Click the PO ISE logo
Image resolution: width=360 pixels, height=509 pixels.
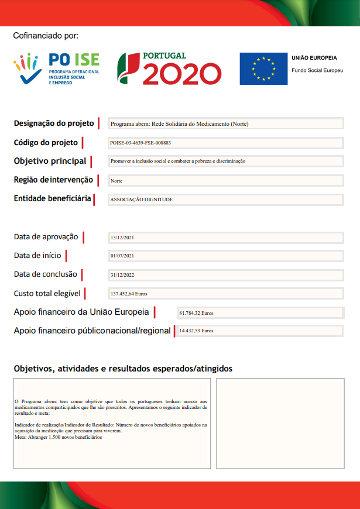56,69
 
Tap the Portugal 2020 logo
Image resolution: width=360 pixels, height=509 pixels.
169,68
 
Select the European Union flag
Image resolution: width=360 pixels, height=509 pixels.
263,69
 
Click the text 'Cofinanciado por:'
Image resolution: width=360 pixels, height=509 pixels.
46,36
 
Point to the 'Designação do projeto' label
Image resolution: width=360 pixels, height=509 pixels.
54,123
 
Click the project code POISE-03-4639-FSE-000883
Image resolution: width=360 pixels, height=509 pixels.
140,143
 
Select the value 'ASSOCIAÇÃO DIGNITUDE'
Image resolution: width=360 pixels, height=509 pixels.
142,200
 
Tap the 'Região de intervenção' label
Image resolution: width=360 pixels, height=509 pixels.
53,180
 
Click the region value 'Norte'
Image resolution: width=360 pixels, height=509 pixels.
116,181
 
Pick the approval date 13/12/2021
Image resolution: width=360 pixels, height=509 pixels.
122,238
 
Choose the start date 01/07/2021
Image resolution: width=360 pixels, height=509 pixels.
122,256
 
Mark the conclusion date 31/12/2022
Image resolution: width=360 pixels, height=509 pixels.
122,275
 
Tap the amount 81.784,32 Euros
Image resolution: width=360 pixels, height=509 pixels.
196,313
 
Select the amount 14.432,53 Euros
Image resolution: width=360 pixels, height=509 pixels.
196,331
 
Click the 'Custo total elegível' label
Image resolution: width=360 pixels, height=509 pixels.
47,293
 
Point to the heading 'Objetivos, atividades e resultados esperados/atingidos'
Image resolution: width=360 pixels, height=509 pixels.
123,369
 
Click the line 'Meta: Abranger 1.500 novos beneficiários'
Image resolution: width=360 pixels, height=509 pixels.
58,437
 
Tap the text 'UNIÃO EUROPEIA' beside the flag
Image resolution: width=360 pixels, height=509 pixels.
314,59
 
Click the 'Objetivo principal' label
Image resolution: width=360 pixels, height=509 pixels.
50,161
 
